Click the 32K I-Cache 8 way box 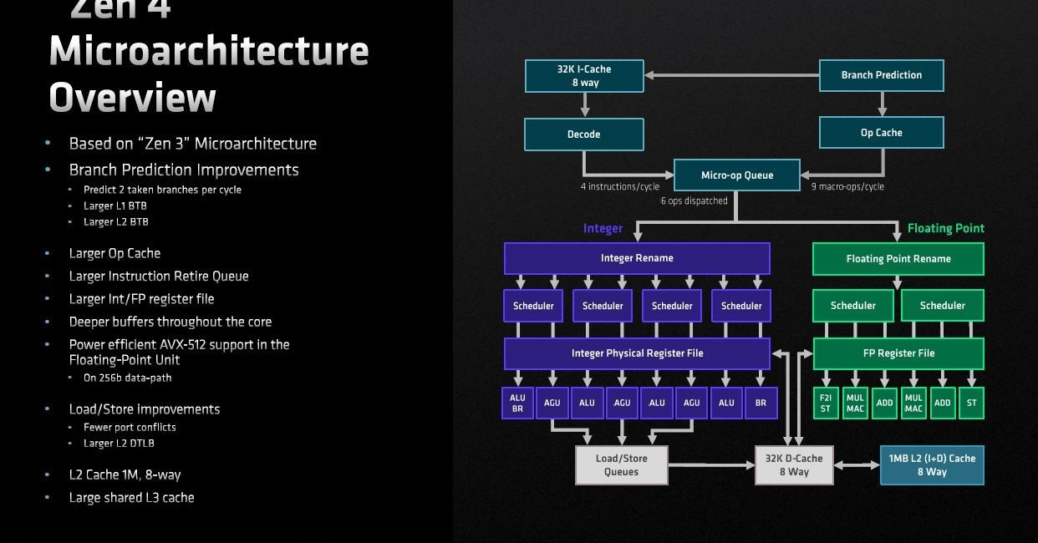[584, 76]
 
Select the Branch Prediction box [881, 75]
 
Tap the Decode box [583, 134]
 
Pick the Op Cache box [881, 133]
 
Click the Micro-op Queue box [736, 175]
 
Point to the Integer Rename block [637, 258]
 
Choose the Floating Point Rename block [898, 259]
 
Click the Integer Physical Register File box [637, 353]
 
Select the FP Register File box [898, 353]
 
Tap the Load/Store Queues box [621, 465]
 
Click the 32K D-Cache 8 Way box [794, 465]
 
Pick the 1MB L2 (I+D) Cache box [931, 465]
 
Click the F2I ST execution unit [826, 403]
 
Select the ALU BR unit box [517, 403]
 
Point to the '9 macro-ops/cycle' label [847, 186]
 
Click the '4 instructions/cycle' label [620, 186]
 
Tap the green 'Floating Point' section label [945, 228]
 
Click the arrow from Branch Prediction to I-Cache [731, 75]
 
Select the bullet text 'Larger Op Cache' [114, 253]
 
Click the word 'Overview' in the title [132, 98]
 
